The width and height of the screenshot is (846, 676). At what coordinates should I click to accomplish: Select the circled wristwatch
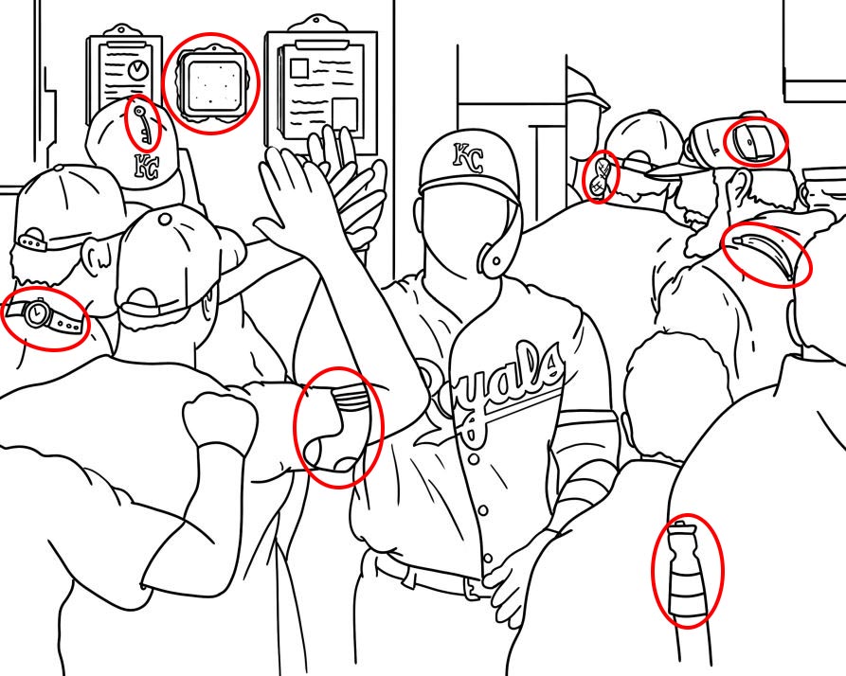45,315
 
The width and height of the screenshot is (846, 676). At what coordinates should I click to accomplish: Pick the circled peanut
600,176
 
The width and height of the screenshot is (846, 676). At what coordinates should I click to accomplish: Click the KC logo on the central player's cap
467,157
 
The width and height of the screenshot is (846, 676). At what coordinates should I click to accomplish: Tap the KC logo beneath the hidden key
146,165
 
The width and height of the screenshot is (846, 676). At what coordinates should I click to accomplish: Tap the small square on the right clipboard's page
299,68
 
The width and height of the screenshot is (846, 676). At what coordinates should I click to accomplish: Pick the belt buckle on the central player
471,587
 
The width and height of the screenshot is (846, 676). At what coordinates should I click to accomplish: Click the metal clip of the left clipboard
123,30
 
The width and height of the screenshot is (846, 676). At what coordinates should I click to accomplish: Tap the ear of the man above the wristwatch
96,255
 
